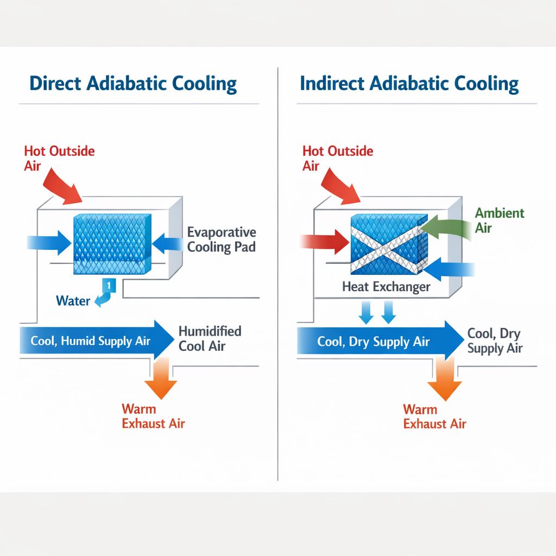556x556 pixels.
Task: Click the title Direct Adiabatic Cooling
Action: tap(133, 84)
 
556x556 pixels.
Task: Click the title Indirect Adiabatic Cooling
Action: tap(409, 84)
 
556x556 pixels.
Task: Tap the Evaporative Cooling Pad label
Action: tap(222, 239)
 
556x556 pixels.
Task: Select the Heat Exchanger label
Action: tap(386, 287)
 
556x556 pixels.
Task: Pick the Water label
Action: tap(73, 300)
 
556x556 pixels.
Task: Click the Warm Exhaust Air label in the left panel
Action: tap(153, 416)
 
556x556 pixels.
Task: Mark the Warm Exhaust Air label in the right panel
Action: tap(434, 416)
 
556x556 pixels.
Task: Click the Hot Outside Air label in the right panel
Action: tap(337, 157)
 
